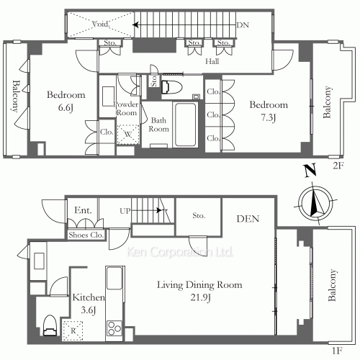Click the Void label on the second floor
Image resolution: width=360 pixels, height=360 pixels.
(x=101, y=24)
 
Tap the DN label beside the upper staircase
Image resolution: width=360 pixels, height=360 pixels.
(x=243, y=25)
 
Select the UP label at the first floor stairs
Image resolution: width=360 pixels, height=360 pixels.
(x=125, y=211)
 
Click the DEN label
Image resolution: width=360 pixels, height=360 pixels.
(x=248, y=219)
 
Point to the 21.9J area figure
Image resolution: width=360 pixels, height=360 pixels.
(x=201, y=297)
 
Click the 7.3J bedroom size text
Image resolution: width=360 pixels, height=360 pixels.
(x=269, y=117)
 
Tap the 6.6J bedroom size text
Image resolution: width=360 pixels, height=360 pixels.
(x=66, y=107)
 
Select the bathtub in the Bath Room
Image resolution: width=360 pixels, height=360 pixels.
(x=186, y=125)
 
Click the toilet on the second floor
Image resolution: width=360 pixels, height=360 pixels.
(x=172, y=87)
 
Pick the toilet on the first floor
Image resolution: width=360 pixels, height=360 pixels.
(x=50, y=325)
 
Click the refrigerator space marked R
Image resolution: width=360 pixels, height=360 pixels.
(x=73, y=331)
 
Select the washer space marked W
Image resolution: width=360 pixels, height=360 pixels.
(x=128, y=134)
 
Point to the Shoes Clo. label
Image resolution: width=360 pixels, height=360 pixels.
(x=86, y=235)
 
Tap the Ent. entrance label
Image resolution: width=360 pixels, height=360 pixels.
(x=83, y=210)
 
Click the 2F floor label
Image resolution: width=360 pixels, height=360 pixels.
(x=338, y=166)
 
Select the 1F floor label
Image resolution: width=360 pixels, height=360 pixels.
(x=337, y=351)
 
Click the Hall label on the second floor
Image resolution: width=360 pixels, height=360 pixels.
(x=212, y=61)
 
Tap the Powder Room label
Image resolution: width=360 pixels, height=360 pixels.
(x=126, y=109)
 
